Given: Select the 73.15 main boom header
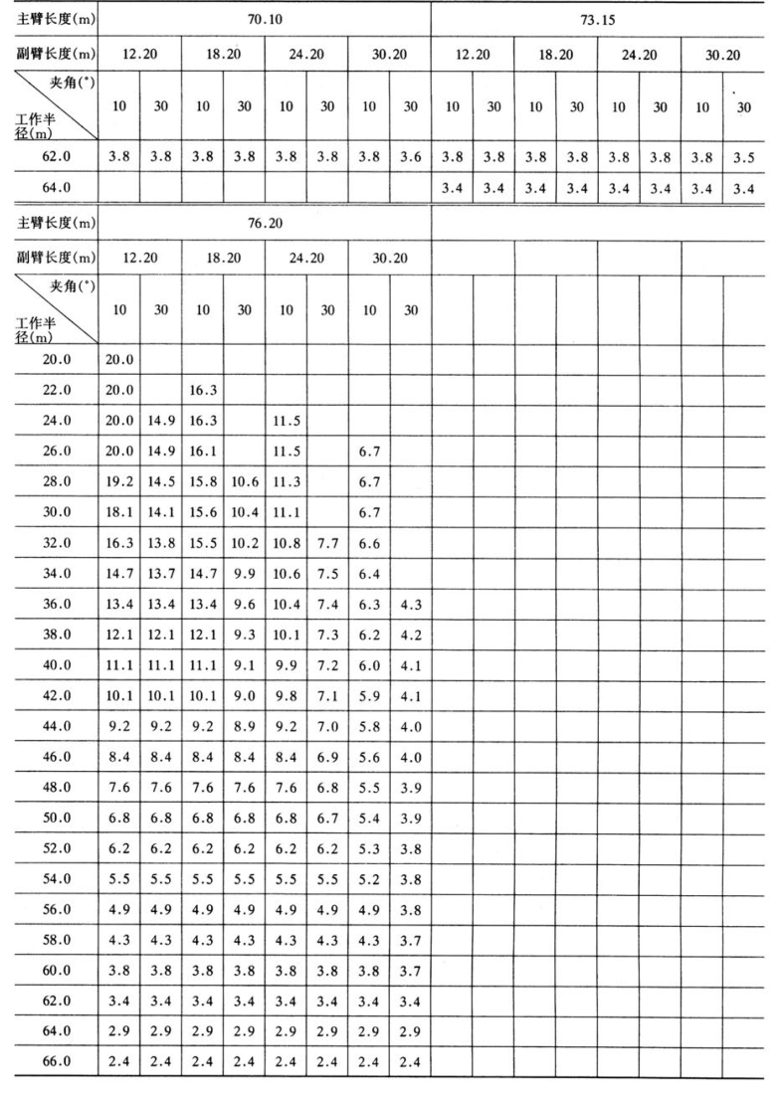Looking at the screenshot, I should click(x=597, y=18).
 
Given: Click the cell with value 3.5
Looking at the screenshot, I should click(x=743, y=156).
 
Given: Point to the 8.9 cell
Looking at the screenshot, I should click(x=244, y=756).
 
